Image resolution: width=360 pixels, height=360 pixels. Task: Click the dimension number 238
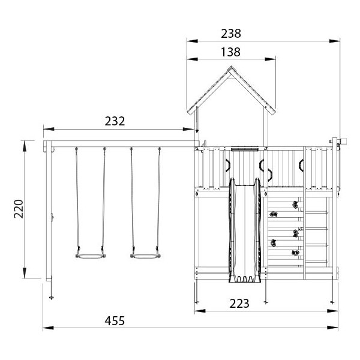(x=231, y=34)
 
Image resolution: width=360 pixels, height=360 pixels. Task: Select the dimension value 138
(x=231, y=52)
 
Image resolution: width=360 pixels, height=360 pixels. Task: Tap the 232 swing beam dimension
(x=115, y=121)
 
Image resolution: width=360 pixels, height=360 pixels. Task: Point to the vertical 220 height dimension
(x=19, y=209)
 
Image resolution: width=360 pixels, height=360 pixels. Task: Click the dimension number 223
(x=239, y=304)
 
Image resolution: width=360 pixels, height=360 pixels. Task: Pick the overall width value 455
(x=115, y=321)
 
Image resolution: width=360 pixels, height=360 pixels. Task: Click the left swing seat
(x=91, y=256)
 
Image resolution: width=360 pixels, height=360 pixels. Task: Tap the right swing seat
(x=146, y=256)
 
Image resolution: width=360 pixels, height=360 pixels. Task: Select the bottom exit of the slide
(x=245, y=279)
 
